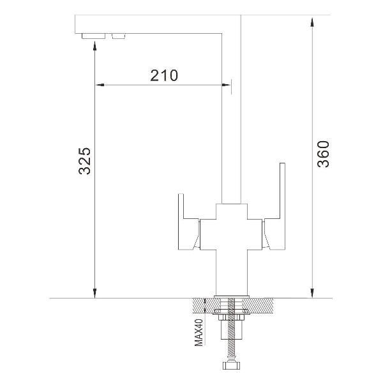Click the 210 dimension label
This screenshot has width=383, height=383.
pyautogui.click(x=164, y=75)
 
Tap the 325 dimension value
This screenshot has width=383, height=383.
pyautogui.click(x=84, y=161)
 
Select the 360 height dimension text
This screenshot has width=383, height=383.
pyautogui.click(x=323, y=154)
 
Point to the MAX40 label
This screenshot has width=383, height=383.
pyautogui.click(x=199, y=333)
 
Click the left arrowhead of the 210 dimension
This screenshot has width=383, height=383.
pyautogui.click(x=100, y=85)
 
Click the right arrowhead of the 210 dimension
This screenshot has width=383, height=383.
pyautogui.click(x=226, y=85)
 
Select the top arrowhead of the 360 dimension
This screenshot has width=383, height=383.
pyautogui.click(x=312, y=22)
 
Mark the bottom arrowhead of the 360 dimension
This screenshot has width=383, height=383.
pyautogui.click(x=312, y=293)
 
